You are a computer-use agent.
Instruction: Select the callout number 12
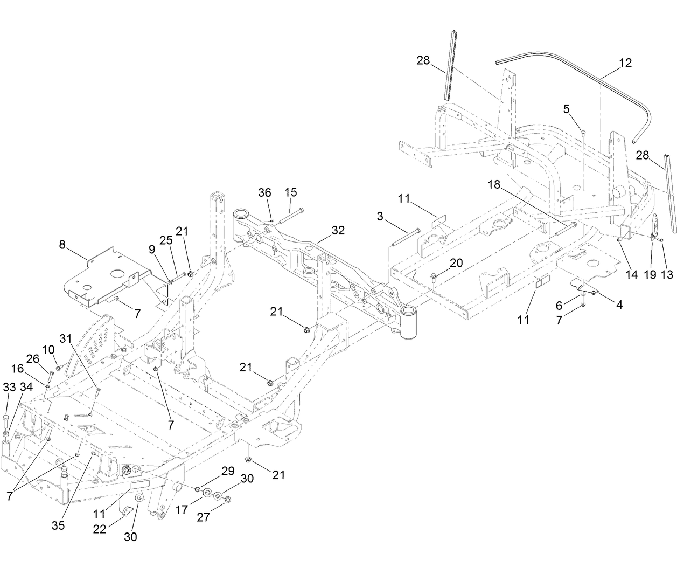pyautogui.click(x=625, y=62)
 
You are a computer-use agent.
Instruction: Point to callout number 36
pyautogui.click(x=264, y=193)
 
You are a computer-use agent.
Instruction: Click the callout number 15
pyautogui.click(x=291, y=192)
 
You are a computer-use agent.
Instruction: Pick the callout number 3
pyautogui.click(x=381, y=217)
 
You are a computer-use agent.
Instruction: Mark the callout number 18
pyautogui.click(x=494, y=184)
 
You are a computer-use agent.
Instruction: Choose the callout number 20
pyautogui.click(x=456, y=262)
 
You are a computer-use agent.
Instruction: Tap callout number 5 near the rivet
pyautogui.click(x=566, y=109)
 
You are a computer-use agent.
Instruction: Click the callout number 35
pyautogui.click(x=58, y=525)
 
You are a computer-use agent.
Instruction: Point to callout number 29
pyautogui.click(x=228, y=471)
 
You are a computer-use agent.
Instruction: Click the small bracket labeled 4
pyautogui.click(x=584, y=287)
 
